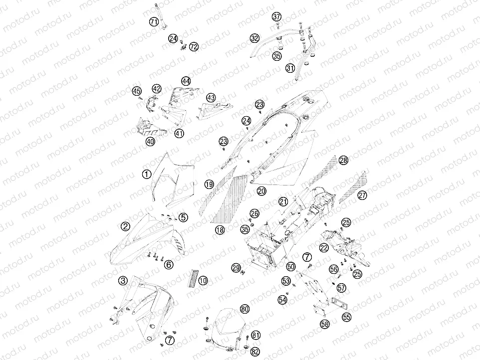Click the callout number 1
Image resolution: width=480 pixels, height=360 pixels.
[x=147, y=175]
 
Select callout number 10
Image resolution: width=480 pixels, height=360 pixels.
[x=203, y=281]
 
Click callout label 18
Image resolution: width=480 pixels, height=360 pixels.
[x=220, y=230]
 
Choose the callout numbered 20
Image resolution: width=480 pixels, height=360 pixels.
[x=261, y=191]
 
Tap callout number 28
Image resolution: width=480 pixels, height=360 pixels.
[x=343, y=160]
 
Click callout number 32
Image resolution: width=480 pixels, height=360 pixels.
[x=254, y=38]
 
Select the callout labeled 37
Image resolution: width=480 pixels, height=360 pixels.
[x=277, y=16]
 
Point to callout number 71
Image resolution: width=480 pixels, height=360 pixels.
[x=154, y=21]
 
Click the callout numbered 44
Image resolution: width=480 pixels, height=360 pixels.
[x=186, y=81]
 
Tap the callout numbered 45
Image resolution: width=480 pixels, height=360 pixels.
[x=137, y=91]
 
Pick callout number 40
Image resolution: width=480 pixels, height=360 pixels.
[x=150, y=141]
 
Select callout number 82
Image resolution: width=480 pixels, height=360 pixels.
[x=255, y=352]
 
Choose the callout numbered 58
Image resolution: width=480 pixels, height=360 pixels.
[x=325, y=324]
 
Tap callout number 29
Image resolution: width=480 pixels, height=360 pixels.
[x=236, y=268]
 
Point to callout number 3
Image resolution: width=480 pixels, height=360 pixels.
[x=123, y=281]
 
